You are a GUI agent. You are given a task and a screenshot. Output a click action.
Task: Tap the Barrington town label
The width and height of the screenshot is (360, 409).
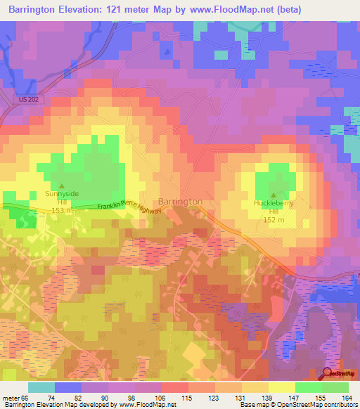click(x=180, y=202)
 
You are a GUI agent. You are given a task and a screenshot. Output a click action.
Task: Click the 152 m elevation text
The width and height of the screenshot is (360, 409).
click(x=274, y=220)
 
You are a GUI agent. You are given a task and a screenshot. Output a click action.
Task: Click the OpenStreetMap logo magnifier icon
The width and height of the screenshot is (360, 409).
click(x=328, y=373)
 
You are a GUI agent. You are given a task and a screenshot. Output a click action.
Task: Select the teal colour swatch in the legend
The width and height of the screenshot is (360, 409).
click(x=41, y=387)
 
